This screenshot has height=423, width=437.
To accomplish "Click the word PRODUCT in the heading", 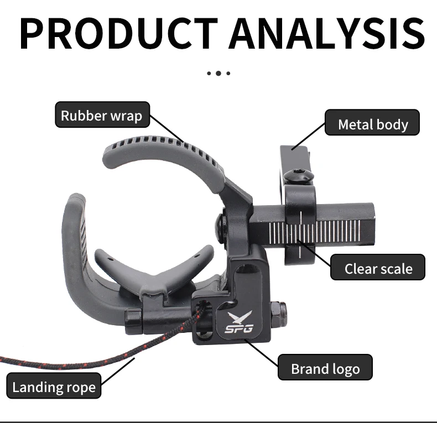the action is click(118, 33).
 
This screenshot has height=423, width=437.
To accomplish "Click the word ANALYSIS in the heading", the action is click(326, 33).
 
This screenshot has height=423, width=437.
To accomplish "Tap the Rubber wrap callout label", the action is click(102, 114).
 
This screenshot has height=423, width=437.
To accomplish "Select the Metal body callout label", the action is click(372, 122).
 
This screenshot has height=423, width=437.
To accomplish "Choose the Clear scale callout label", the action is click(378, 267).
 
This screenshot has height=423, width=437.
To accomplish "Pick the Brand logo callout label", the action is click(325, 367).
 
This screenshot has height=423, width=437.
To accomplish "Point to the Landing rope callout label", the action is click(54, 385).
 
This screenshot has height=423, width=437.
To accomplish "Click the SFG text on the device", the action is click(239, 328).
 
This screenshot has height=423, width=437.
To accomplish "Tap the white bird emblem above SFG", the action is click(240, 317).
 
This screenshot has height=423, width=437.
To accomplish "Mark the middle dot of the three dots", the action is click(218, 74).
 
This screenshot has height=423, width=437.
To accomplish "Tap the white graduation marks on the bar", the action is click(314, 231).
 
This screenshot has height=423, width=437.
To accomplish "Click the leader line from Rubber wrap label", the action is click(167, 129).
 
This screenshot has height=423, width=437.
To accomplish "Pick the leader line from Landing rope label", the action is click(118, 372).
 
